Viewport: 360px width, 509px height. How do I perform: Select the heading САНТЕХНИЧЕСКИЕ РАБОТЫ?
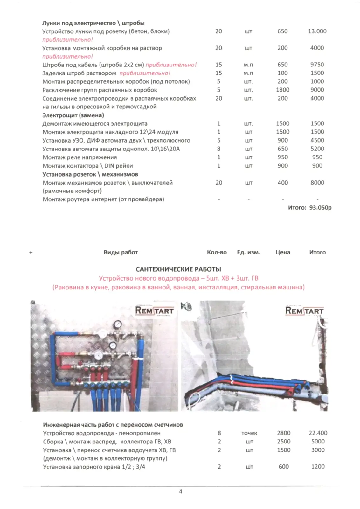(x=178, y=269)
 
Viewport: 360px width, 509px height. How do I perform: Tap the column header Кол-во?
(x=217, y=252)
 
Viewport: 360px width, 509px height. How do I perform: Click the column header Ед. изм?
(x=248, y=252)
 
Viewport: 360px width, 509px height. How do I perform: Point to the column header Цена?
(x=283, y=252)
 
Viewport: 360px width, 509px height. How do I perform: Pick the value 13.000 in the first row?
(x=317, y=31)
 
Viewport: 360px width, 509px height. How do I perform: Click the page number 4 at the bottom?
(x=180, y=492)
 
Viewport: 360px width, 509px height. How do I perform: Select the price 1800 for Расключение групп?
(x=282, y=90)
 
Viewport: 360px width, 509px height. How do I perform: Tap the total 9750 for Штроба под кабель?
(x=317, y=65)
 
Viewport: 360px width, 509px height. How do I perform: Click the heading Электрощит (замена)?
(x=73, y=115)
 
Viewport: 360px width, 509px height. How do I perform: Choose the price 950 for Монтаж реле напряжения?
(x=282, y=157)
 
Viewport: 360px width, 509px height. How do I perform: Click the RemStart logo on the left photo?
(x=154, y=310)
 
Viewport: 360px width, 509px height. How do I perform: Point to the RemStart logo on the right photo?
(x=304, y=310)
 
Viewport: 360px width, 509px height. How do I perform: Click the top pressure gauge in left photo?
(x=118, y=324)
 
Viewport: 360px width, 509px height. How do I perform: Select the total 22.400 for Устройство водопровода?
(x=318, y=433)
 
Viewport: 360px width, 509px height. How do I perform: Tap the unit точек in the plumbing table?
(x=249, y=433)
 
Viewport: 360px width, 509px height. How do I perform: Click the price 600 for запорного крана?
(x=283, y=467)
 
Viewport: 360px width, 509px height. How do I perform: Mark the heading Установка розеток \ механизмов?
(x=90, y=174)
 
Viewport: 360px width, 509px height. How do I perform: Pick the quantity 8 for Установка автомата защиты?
(x=218, y=149)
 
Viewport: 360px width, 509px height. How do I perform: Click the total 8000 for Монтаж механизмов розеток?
(x=317, y=183)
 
